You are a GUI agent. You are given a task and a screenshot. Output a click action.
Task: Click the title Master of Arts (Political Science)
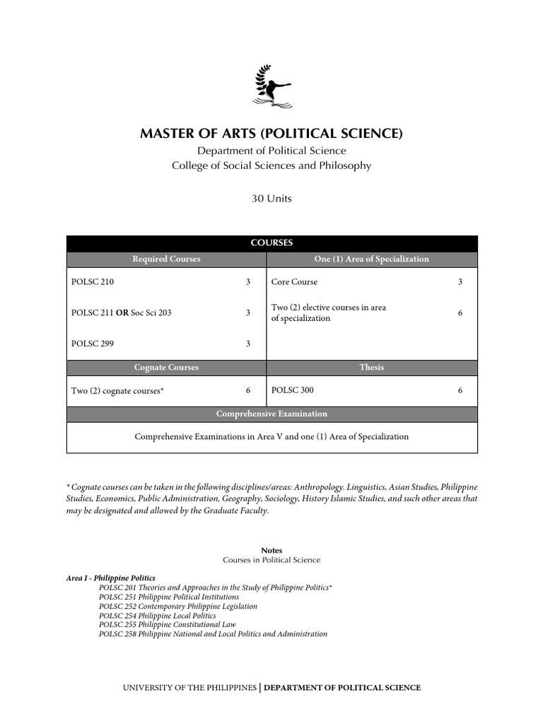tap(271, 134)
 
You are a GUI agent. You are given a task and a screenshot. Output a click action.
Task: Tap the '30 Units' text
tap(271, 199)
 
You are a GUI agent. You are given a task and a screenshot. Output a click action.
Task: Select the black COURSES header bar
tap(271, 243)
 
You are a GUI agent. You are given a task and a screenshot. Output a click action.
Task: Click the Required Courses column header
tap(166, 259)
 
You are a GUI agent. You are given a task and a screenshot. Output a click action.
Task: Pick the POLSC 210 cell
tap(93, 282)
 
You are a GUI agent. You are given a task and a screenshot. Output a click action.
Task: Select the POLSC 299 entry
tap(93, 344)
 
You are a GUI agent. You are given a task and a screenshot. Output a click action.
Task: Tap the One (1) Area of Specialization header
tap(371, 259)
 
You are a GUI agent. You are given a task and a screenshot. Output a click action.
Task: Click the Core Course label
tap(294, 282)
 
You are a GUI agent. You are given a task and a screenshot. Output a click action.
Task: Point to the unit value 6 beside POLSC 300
tap(460, 390)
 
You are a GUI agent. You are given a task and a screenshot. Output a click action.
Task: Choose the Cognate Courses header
tap(166, 368)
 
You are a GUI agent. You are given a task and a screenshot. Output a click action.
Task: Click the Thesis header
tap(371, 368)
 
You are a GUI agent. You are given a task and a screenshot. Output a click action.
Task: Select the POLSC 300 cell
tap(293, 390)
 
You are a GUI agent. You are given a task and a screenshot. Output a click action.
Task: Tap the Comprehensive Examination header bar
tap(271, 414)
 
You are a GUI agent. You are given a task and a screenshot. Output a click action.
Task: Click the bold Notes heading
tap(271, 550)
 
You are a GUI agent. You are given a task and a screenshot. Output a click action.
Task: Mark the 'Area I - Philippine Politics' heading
tap(111, 578)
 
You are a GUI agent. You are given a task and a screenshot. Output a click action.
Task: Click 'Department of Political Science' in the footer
tap(342, 688)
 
